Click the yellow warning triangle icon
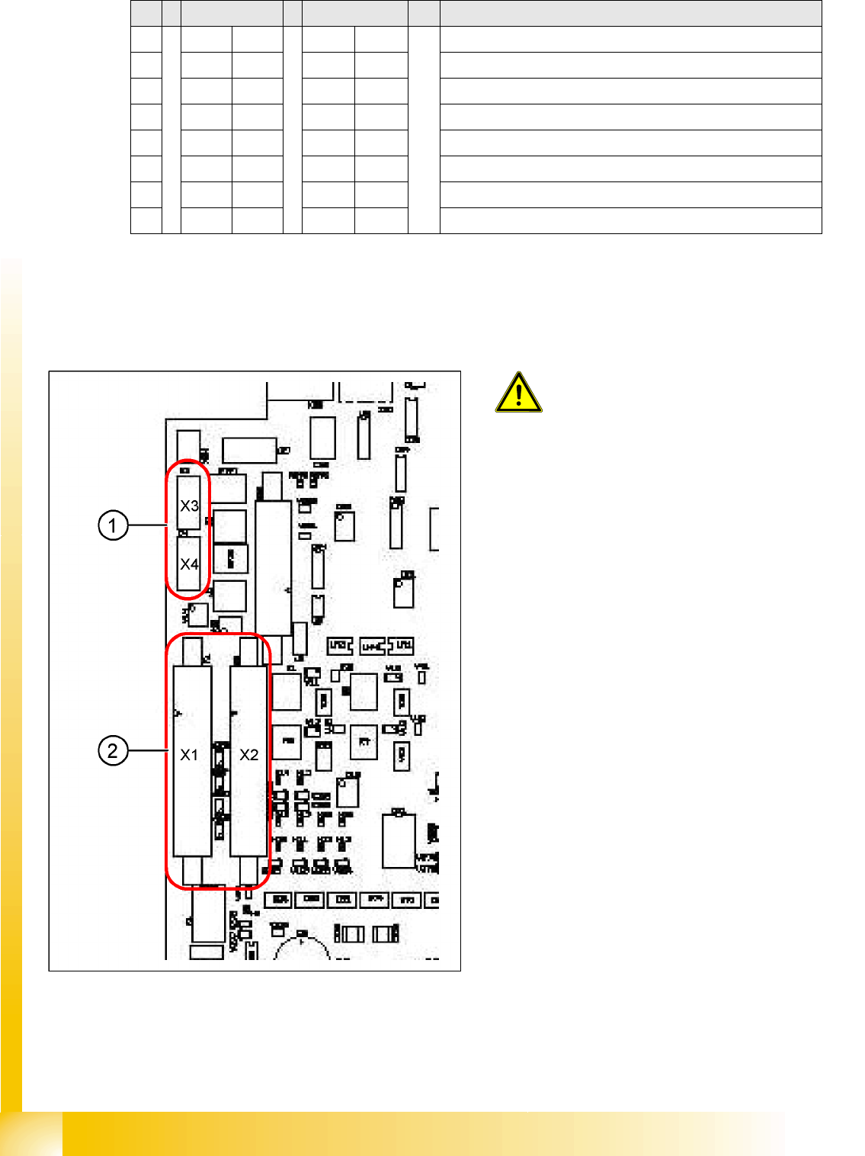tap(518, 393)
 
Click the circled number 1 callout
tap(113, 525)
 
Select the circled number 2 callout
tap(113, 750)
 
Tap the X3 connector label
tap(189, 506)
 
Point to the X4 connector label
tap(189, 564)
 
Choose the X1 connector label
tap(189, 755)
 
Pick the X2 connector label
tap(249, 755)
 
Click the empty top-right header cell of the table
tap(630, 14)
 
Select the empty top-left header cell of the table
tap(146, 14)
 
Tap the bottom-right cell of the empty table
tap(630, 220)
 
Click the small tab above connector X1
tap(192, 652)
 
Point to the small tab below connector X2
tap(249, 869)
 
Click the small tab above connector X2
tap(248, 652)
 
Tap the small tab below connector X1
tap(192, 869)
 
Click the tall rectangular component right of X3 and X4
tap(274, 568)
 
